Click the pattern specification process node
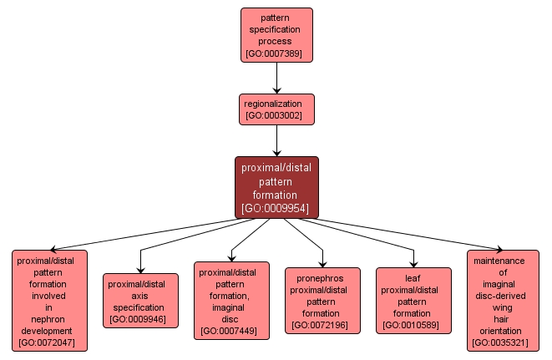(276, 35)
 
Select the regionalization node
(276, 109)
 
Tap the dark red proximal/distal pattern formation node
(276, 188)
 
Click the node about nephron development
(50, 299)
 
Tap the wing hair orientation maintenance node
(504, 300)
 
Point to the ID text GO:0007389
(276, 54)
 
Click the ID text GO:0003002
(276, 116)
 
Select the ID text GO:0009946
(140, 318)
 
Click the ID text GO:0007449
(231, 331)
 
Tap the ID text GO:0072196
(322, 324)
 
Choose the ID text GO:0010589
(413, 324)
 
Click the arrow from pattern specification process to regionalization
(276, 78)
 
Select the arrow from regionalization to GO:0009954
(276, 140)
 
